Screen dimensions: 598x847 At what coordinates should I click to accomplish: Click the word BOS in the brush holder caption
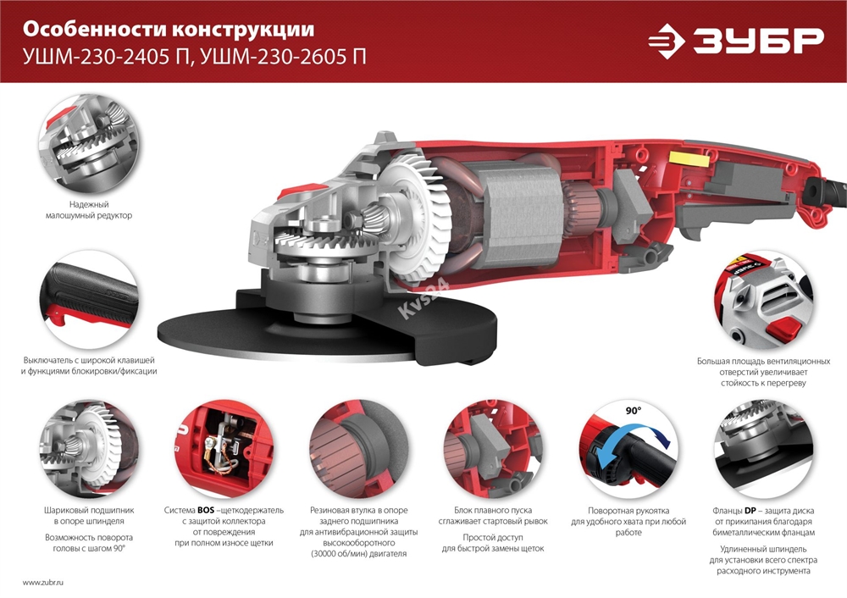pos(206,512)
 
